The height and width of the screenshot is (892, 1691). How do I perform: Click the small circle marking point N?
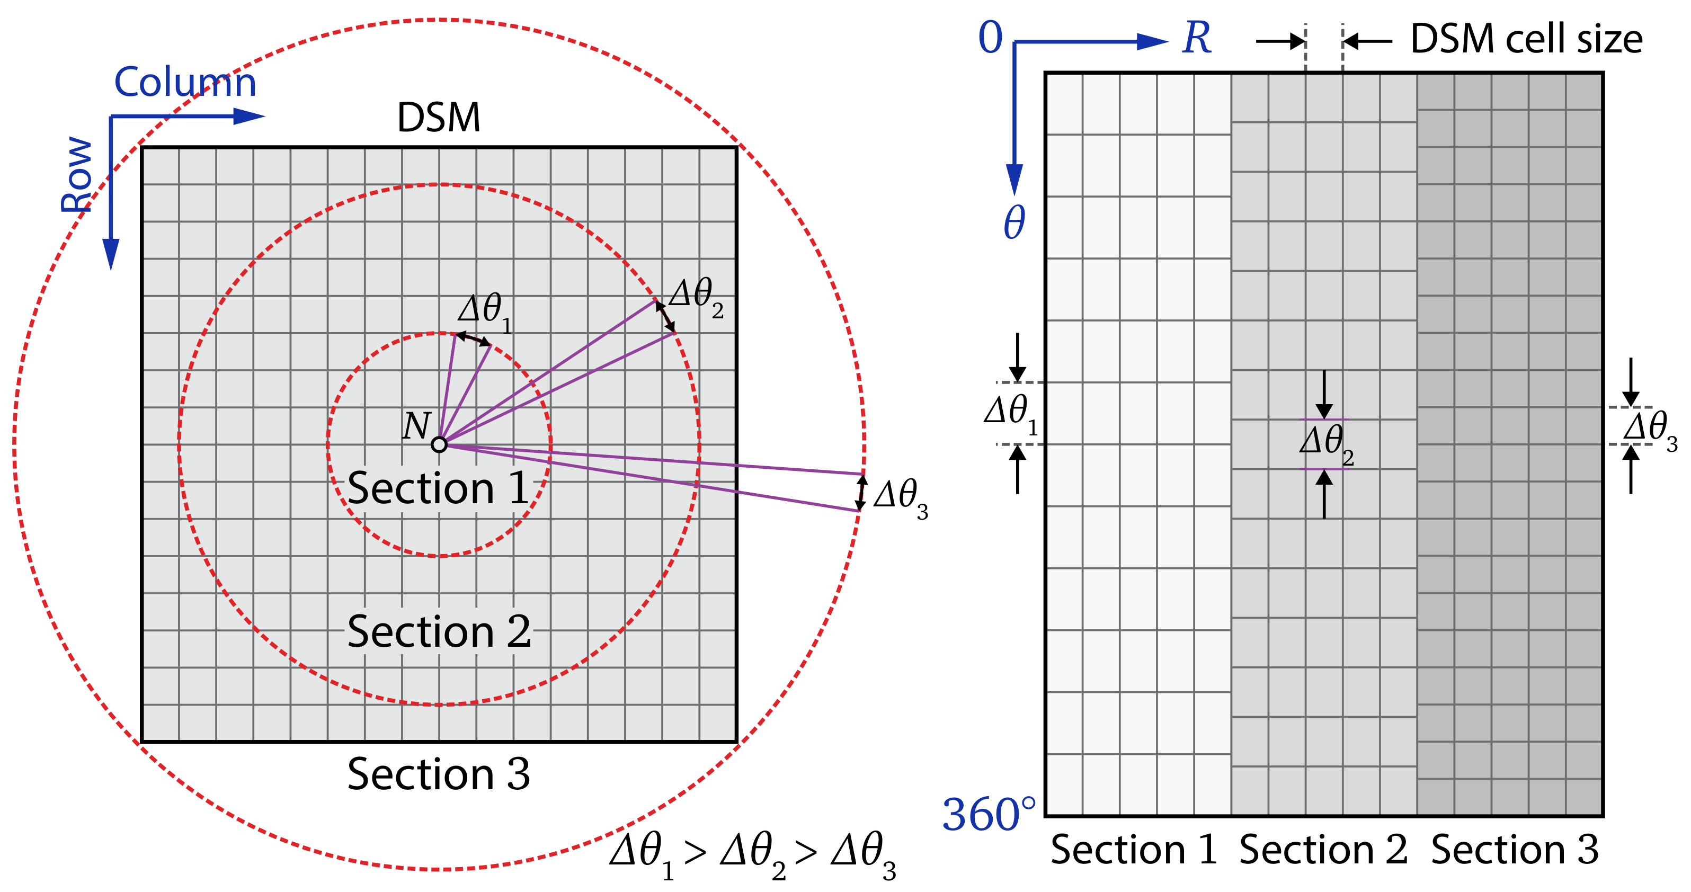439,445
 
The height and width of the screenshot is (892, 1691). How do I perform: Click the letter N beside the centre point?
416,426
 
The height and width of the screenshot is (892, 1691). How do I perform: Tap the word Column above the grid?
185,82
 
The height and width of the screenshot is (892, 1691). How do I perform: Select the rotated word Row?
77,175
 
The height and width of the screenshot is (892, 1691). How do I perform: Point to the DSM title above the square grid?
439,118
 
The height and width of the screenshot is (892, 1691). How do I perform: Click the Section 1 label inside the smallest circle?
439,488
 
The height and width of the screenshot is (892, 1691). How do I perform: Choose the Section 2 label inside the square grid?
439,631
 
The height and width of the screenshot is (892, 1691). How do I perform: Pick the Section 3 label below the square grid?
439,774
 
